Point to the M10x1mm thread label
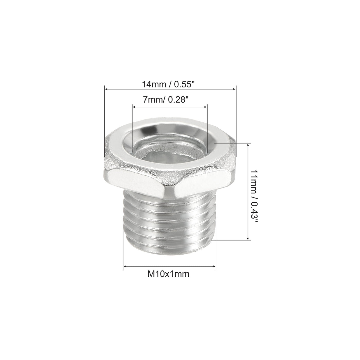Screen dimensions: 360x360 [169, 274]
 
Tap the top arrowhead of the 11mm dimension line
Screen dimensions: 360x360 [248, 145]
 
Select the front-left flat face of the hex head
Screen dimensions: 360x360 [136, 180]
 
